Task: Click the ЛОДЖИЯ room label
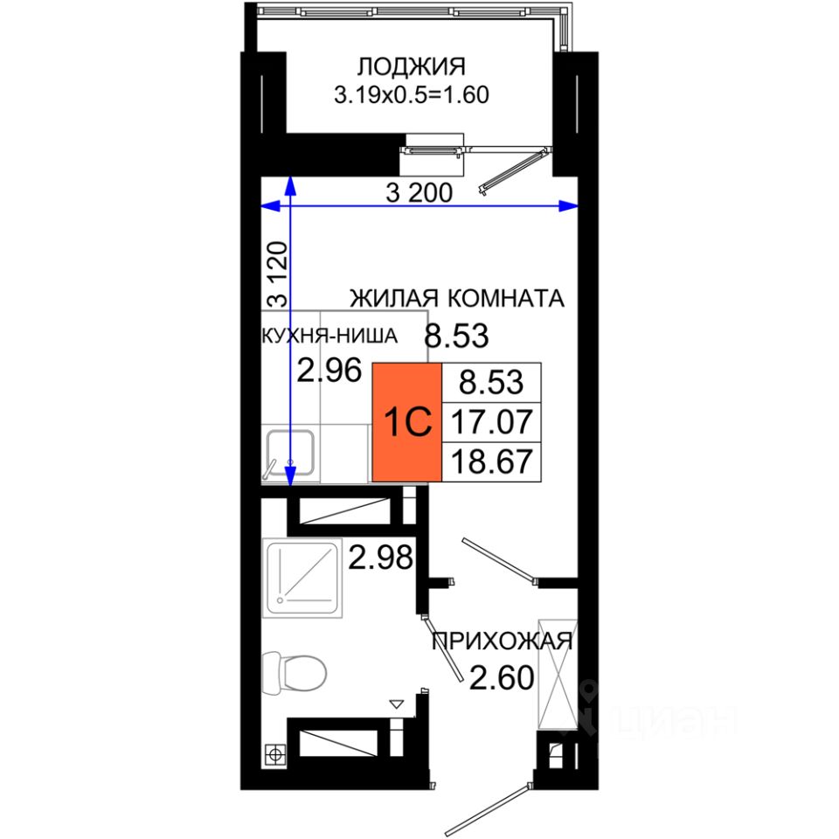411,67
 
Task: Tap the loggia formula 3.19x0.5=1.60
412,95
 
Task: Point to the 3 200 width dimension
419,192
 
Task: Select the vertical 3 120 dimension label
278,274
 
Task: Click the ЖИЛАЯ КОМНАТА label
457,298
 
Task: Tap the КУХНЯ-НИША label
329,336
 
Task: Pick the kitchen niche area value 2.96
329,370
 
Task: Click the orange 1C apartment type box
406,422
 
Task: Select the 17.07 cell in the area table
492,421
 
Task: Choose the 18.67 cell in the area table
492,461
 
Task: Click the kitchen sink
290,453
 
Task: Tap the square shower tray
302,578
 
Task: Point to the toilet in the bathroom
295,673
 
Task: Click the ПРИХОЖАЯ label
502,641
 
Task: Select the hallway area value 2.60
502,677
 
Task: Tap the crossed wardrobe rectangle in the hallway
558,674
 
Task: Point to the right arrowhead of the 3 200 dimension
568,205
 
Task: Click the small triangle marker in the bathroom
397,704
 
